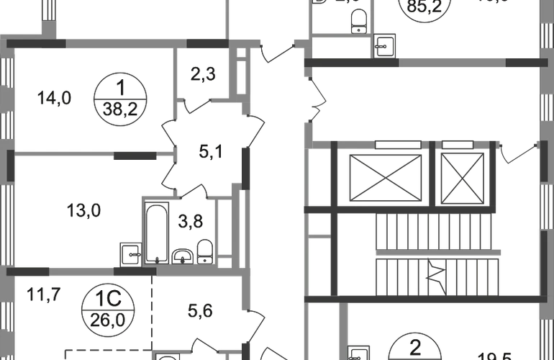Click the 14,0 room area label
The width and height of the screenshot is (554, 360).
(x=56, y=96)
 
